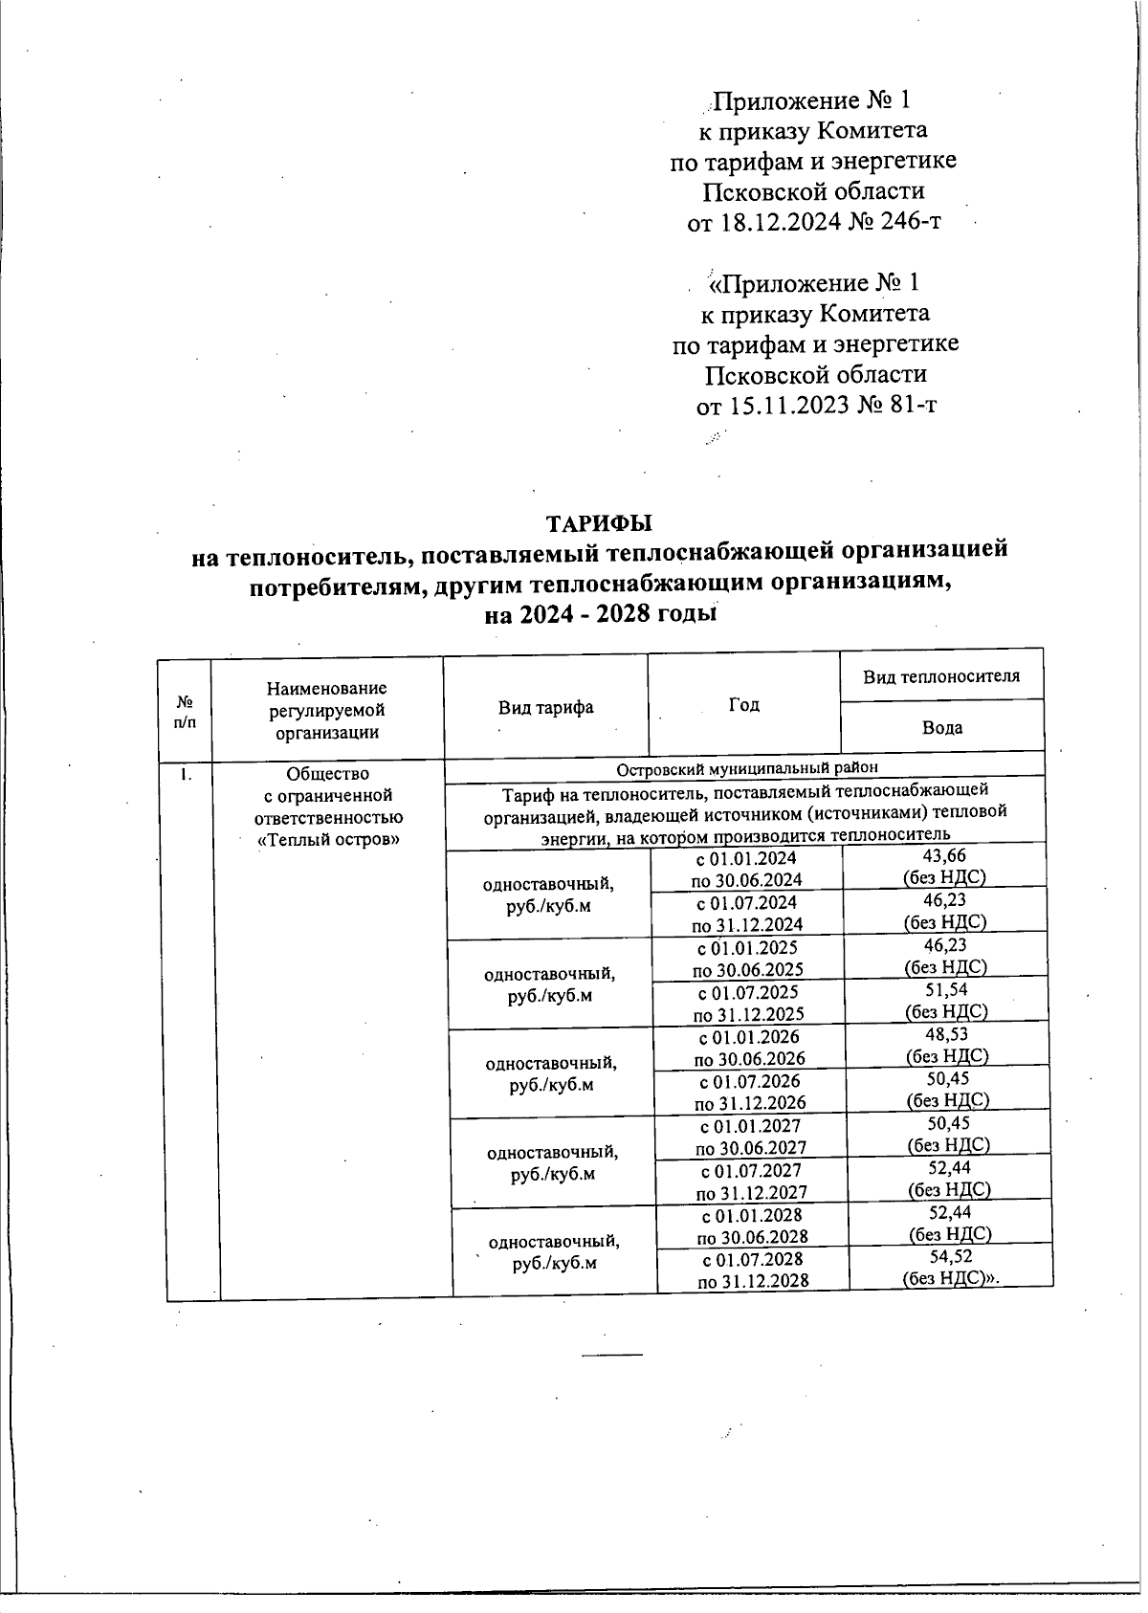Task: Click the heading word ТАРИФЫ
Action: pyautogui.click(x=598, y=523)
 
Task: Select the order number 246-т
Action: pyautogui.click(x=908, y=222)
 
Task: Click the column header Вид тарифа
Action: pyautogui.click(x=545, y=707)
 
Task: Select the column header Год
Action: pyautogui.click(x=743, y=704)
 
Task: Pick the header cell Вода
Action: pyautogui.click(x=941, y=727)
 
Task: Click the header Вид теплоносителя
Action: pyautogui.click(x=941, y=676)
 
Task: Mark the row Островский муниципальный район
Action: pyautogui.click(x=746, y=767)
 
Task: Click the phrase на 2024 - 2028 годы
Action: pyautogui.click(x=601, y=614)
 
